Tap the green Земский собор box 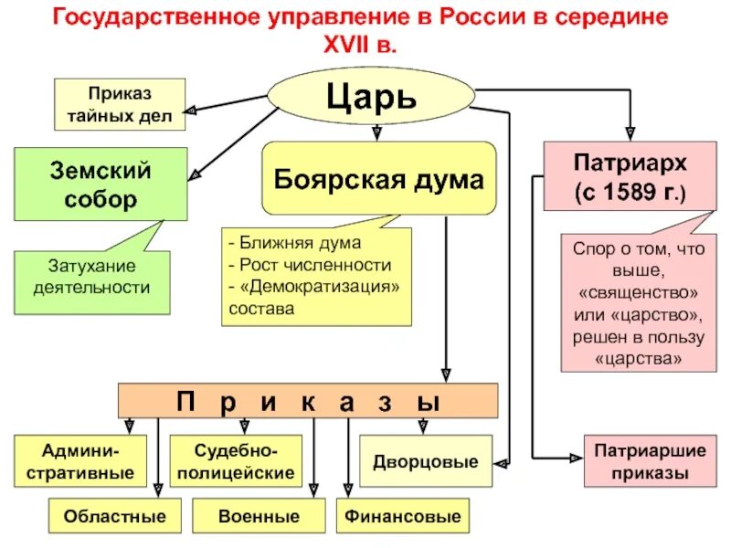click(101, 184)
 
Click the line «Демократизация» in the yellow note click(315, 287)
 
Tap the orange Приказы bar click(309, 401)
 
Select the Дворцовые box click(425, 461)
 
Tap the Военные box click(260, 517)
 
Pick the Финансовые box click(402, 517)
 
